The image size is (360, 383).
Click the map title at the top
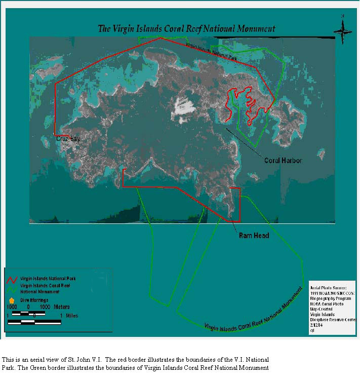click(187, 28)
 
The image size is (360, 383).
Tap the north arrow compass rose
click(343, 31)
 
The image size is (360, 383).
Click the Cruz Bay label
click(68, 138)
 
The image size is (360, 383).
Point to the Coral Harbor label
click(283, 161)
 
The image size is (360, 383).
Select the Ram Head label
click(254, 236)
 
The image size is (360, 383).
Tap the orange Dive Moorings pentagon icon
click(12, 300)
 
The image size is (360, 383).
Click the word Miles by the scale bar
click(68, 316)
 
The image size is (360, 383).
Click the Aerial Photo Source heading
click(332, 288)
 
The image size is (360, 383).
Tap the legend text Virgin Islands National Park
click(48, 279)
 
